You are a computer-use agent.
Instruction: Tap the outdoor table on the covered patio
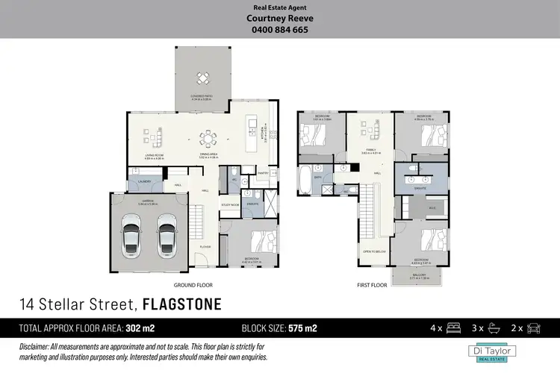(202, 78)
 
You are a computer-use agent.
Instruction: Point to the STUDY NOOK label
(229, 204)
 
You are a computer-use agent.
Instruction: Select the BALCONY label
(420, 275)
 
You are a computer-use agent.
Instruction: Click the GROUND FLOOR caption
(196, 285)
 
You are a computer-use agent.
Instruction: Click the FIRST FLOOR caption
(372, 285)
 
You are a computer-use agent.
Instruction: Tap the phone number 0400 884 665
(280, 30)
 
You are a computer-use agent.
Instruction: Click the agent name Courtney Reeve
(280, 19)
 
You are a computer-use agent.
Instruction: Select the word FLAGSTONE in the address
(181, 304)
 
